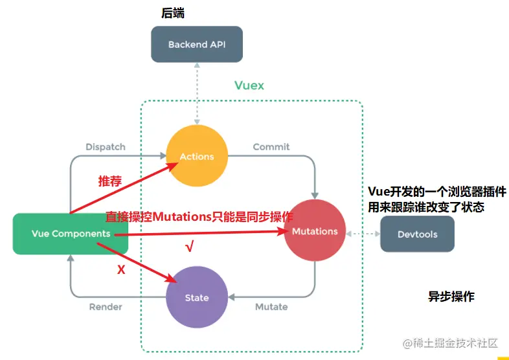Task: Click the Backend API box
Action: (197, 45)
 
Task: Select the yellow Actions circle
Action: (197, 156)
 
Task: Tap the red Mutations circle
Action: (315, 231)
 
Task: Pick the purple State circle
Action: (197, 297)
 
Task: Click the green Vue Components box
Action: (71, 233)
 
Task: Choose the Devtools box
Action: (417, 234)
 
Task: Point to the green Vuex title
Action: (249, 85)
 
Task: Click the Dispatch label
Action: (106, 147)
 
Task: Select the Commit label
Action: (271, 147)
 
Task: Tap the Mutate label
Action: (271, 306)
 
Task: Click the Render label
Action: (106, 306)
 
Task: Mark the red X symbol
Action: (121, 270)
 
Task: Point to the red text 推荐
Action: (109, 181)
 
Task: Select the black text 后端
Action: (174, 13)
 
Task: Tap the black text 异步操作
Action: (451, 297)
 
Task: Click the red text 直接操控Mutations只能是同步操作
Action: (199, 217)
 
